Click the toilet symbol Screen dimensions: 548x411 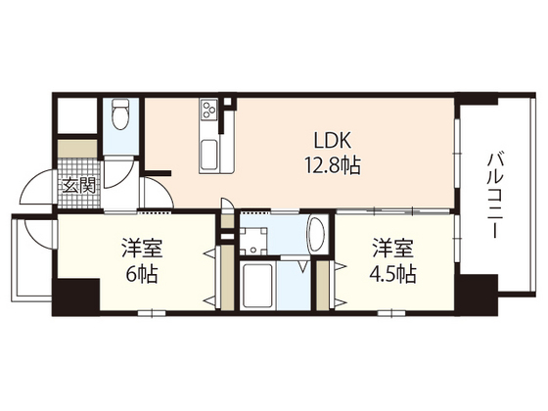pyautogui.click(x=119, y=114)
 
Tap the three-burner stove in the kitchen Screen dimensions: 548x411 pyautogui.click(x=208, y=109)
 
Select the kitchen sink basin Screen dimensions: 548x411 pyautogui.click(x=209, y=154)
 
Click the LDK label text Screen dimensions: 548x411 pyautogui.click(x=332, y=141)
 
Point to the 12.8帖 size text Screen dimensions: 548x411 pyautogui.click(x=333, y=165)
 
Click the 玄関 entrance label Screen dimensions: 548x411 pyautogui.click(x=79, y=186)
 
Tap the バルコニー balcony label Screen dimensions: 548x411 pyautogui.click(x=495, y=196)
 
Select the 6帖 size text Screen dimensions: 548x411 pyautogui.click(x=142, y=274)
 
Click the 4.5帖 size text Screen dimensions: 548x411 pyautogui.click(x=392, y=274)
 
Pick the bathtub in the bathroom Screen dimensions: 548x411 pyautogui.click(x=258, y=286)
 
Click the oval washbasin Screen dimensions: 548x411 pyautogui.click(x=317, y=234)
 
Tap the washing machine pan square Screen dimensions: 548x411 pyautogui.click(x=253, y=241)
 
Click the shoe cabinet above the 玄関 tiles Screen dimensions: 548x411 pyautogui.click(x=77, y=149)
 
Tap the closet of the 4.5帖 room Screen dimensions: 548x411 pyautogui.click(x=323, y=285)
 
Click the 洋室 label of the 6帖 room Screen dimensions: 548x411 pyautogui.click(x=142, y=248)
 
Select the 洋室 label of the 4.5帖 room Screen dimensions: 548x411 pyautogui.click(x=392, y=248)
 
